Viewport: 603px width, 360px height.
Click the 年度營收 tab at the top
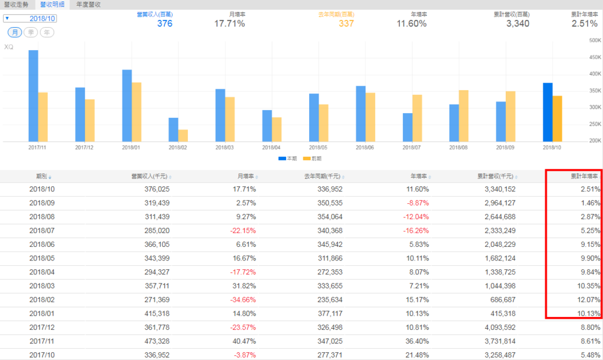tap(88, 4)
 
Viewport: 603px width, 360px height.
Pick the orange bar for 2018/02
tap(183, 136)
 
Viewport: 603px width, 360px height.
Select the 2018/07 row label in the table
tap(42, 231)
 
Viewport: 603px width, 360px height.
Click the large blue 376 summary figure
tap(165, 24)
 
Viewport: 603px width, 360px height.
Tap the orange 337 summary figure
tap(346, 24)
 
